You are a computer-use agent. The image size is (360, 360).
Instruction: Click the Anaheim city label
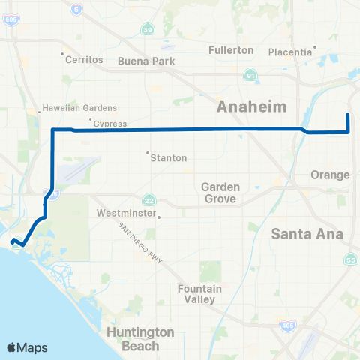252,107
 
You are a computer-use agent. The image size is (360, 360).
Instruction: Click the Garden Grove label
219,192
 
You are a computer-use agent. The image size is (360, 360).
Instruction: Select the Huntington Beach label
141,338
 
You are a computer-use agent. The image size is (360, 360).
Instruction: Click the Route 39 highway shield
149,28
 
